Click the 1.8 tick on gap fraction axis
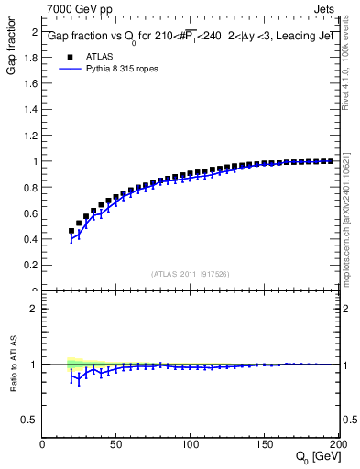(x=30, y=57)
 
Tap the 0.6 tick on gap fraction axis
(x=30, y=213)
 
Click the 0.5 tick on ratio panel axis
(x=30, y=420)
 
